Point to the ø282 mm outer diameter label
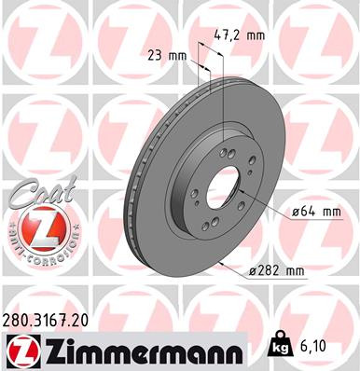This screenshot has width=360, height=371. (x=278, y=270)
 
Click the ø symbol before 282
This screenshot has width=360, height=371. (x=254, y=270)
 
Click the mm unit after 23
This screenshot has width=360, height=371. (x=174, y=55)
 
